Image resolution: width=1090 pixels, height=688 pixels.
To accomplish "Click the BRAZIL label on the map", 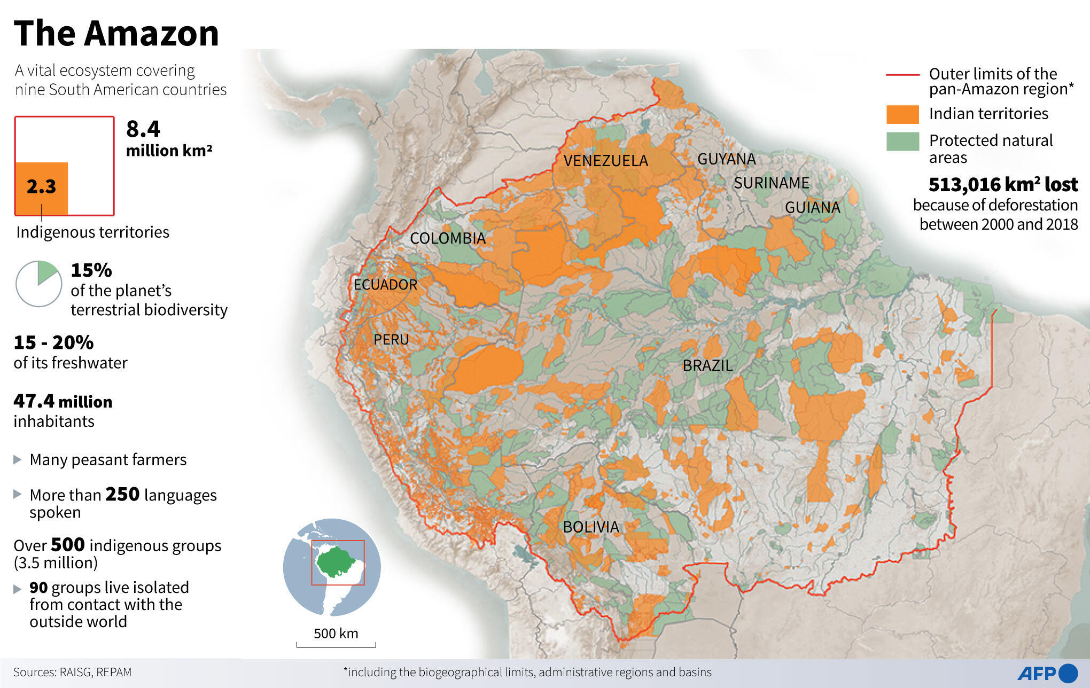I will point(707,366).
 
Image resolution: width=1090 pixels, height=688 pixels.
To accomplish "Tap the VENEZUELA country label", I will point(605,161).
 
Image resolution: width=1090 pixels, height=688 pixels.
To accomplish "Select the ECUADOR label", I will point(385,285).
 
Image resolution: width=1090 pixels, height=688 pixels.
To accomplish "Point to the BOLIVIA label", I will point(590,527).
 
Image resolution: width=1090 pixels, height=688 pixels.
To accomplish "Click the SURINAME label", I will point(771,183).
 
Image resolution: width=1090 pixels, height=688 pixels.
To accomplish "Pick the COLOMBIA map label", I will point(447,238).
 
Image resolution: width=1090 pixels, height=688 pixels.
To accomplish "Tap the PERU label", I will point(391,340).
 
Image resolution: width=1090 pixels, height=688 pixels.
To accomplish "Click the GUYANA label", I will point(726,159).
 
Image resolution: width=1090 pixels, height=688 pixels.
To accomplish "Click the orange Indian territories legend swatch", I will point(902,114).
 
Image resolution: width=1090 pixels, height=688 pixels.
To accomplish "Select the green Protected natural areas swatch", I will point(902,142).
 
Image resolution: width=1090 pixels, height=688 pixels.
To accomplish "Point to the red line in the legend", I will point(902,75).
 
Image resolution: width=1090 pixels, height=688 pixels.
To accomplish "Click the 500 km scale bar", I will point(336,645).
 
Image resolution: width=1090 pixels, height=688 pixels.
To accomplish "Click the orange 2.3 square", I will point(41,188).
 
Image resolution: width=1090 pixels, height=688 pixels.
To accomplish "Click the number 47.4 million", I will point(63,401).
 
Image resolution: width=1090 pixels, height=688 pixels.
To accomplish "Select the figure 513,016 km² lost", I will point(1002,185).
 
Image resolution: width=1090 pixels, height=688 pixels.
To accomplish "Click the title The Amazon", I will point(116,33).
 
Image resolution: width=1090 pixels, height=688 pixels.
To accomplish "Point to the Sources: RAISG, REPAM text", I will point(72,672).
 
